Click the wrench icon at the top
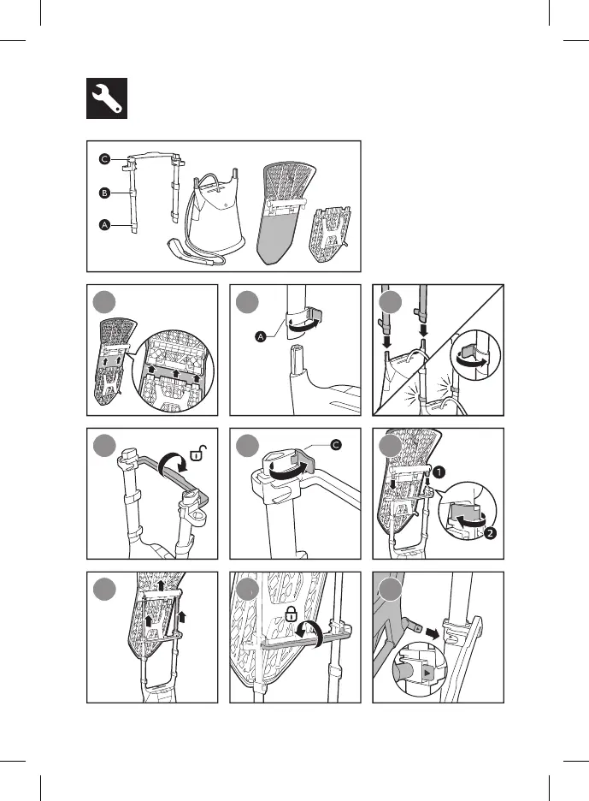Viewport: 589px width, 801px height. click(x=107, y=98)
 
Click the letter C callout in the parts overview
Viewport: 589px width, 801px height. click(x=104, y=159)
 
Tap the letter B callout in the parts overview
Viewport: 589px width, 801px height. click(x=104, y=193)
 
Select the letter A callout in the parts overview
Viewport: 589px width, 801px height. click(x=104, y=225)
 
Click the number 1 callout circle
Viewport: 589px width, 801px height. click(x=439, y=472)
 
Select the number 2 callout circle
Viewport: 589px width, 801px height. click(x=489, y=533)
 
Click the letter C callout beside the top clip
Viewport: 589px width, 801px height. click(x=336, y=446)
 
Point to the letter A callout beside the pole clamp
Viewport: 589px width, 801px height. click(x=261, y=336)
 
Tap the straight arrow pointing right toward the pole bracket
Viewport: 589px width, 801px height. click(x=433, y=634)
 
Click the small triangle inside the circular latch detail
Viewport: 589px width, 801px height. click(x=427, y=674)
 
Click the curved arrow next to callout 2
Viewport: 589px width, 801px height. click(x=469, y=522)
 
